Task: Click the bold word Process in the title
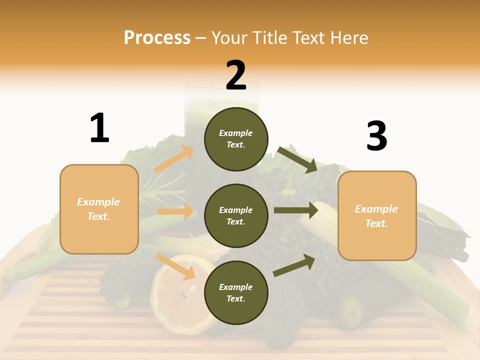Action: point(157,38)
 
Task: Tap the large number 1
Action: point(99,128)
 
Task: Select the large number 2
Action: point(236,75)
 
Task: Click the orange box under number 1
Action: point(99,209)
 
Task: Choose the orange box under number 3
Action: point(377,216)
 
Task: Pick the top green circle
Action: point(236,139)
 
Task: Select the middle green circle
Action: point(236,215)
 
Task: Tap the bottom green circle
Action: point(236,292)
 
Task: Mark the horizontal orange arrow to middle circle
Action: point(175,211)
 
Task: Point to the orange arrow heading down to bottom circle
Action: point(175,266)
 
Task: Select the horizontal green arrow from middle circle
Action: point(295,210)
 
